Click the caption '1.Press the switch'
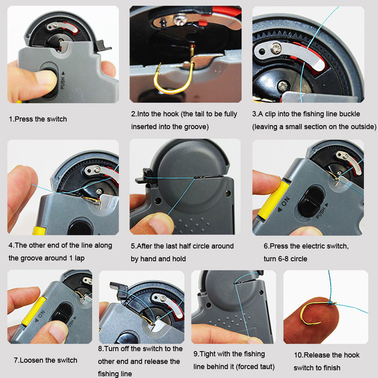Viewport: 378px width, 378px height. click(x=38, y=119)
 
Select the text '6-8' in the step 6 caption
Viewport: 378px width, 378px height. click(x=283, y=259)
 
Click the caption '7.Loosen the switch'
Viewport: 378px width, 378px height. click(x=46, y=360)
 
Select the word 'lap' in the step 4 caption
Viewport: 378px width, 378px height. click(x=79, y=259)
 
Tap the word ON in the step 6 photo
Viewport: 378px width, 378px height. click(x=285, y=201)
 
